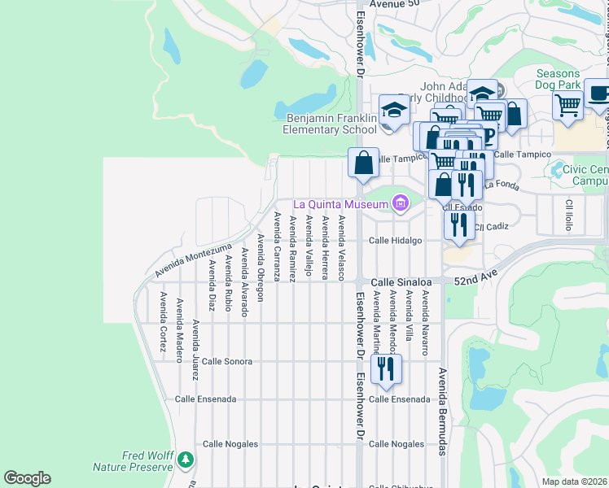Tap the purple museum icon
coord(400,203)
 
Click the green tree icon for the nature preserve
coord(186,461)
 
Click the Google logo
coord(27,478)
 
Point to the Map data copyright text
coord(574,481)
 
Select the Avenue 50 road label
coord(394,4)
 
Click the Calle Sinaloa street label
coord(401,281)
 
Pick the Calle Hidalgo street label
coord(395,241)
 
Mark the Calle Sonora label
coord(227,360)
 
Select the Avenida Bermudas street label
coord(442,411)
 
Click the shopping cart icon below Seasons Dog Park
coord(567,103)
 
